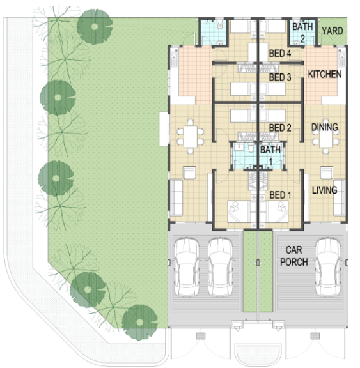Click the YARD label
coord(333,31)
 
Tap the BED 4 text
coord(280,54)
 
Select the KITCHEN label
coord(325,74)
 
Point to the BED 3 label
coord(280,77)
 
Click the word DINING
coord(325,127)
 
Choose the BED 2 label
coord(280,128)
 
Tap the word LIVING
coord(325,190)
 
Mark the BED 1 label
coord(280,195)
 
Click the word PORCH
coord(294,262)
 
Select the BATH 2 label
coord(302,33)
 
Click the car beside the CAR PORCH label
coord(327,267)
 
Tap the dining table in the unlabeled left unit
coord(191,136)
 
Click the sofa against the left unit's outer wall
coord(176,197)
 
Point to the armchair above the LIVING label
coord(327,172)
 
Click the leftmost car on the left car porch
coord(187,267)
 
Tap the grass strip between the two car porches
coord(258,271)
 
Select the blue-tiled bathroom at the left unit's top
coord(213,32)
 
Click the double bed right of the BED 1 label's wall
coord(274,211)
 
